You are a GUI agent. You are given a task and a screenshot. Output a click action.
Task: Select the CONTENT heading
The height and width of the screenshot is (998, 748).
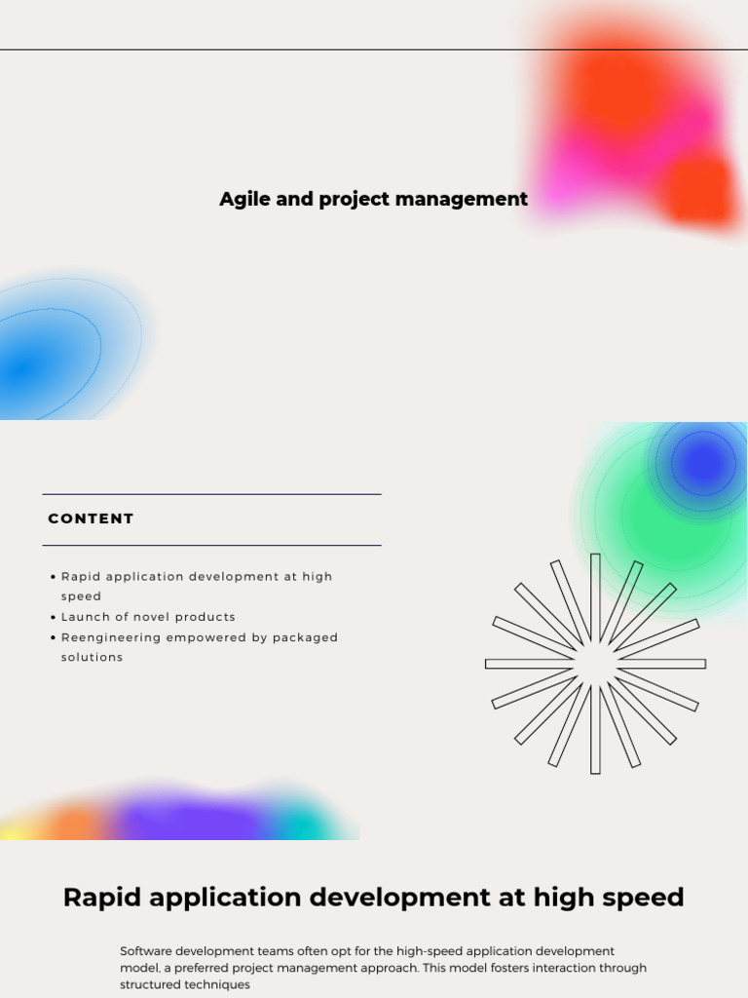(x=91, y=518)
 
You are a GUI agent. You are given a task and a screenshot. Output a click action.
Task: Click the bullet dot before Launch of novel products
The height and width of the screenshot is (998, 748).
(x=53, y=617)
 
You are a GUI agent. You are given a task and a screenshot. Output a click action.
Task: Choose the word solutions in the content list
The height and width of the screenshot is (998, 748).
(x=93, y=657)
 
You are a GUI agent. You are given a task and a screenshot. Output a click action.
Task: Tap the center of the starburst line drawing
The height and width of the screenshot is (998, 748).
(x=595, y=664)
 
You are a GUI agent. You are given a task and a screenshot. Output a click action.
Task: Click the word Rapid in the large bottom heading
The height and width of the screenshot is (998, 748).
(x=102, y=898)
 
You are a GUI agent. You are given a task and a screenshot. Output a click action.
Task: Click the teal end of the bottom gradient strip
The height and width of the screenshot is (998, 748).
(x=312, y=825)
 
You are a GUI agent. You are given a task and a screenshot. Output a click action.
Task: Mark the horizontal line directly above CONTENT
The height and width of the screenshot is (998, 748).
(x=211, y=494)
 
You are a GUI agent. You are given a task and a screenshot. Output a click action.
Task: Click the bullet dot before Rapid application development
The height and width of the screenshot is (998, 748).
(x=53, y=577)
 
